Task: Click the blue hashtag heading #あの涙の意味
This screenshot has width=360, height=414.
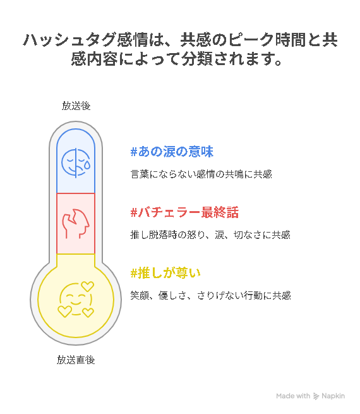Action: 172,152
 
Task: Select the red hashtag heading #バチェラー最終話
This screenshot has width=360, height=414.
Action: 184,212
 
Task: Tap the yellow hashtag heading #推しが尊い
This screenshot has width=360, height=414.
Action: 165,273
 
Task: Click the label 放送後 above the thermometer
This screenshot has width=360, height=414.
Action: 76,106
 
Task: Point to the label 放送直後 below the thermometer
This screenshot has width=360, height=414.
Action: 76,360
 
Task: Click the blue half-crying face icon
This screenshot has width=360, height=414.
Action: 76,162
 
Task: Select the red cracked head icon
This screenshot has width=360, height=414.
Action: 76,224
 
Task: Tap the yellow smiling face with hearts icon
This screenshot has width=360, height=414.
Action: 76,300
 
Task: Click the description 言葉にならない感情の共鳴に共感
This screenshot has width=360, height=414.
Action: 201,174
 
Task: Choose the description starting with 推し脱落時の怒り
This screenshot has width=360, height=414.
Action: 210,234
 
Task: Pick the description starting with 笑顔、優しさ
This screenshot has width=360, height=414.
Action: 210,295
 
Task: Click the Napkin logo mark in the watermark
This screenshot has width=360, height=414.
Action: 316,396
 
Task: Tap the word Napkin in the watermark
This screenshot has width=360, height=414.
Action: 333,396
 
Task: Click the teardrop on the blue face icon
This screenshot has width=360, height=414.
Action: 87,165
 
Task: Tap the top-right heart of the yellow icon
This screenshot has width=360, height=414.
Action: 87,286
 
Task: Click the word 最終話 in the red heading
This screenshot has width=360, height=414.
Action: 220,212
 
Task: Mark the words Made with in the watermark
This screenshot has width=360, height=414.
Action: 293,396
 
